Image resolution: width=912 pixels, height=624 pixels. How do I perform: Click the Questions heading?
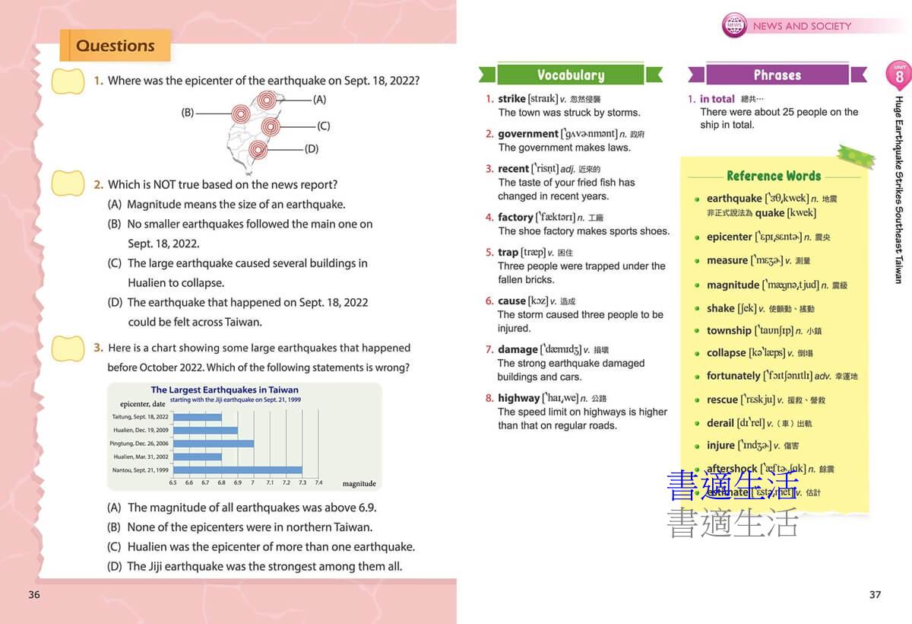[116, 46]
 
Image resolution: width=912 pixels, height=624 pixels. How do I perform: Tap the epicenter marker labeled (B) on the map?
[241, 113]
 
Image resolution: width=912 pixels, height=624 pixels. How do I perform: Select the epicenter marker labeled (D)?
[258, 149]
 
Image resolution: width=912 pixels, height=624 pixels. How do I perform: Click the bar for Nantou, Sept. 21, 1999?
[237, 470]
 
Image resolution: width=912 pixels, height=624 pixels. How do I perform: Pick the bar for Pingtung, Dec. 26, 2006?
[213, 444]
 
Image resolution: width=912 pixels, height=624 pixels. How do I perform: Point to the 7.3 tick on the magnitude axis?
[302, 482]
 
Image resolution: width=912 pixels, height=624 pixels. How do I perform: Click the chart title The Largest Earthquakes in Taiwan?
[225, 390]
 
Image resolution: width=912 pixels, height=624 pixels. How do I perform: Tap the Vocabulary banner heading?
[570, 75]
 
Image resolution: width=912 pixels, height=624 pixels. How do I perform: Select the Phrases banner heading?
[777, 75]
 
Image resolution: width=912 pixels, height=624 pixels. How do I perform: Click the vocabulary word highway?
[518, 398]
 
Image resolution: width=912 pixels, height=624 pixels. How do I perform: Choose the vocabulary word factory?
[515, 217]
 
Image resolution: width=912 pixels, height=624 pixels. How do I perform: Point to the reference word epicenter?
[729, 237]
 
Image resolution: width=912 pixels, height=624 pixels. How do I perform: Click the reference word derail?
[720, 422]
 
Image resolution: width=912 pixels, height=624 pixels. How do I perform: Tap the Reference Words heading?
[773, 176]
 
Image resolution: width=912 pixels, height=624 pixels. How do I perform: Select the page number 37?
[875, 594]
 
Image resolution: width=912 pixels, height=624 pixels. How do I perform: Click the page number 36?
[34, 594]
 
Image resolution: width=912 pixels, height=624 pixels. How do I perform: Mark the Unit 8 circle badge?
[899, 75]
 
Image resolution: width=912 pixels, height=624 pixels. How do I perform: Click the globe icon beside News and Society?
[734, 25]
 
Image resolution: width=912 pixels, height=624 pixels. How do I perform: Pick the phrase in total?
[717, 99]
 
